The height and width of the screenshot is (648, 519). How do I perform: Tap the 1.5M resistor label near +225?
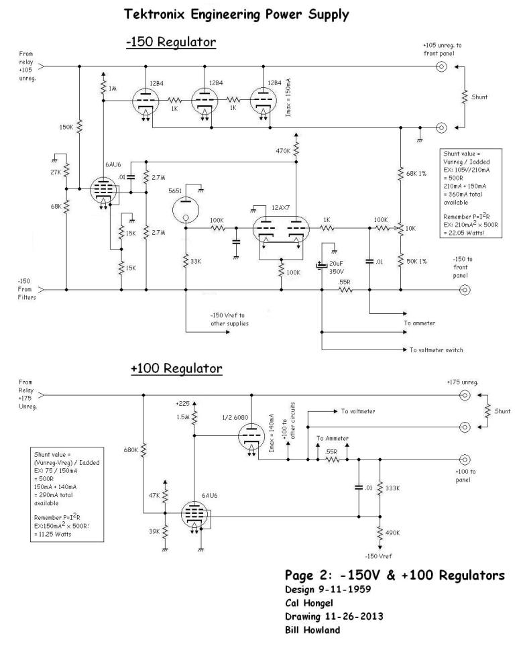click(x=182, y=417)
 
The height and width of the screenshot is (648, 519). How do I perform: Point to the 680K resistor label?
click(x=131, y=449)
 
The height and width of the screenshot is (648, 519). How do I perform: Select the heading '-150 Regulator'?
click(x=170, y=42)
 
